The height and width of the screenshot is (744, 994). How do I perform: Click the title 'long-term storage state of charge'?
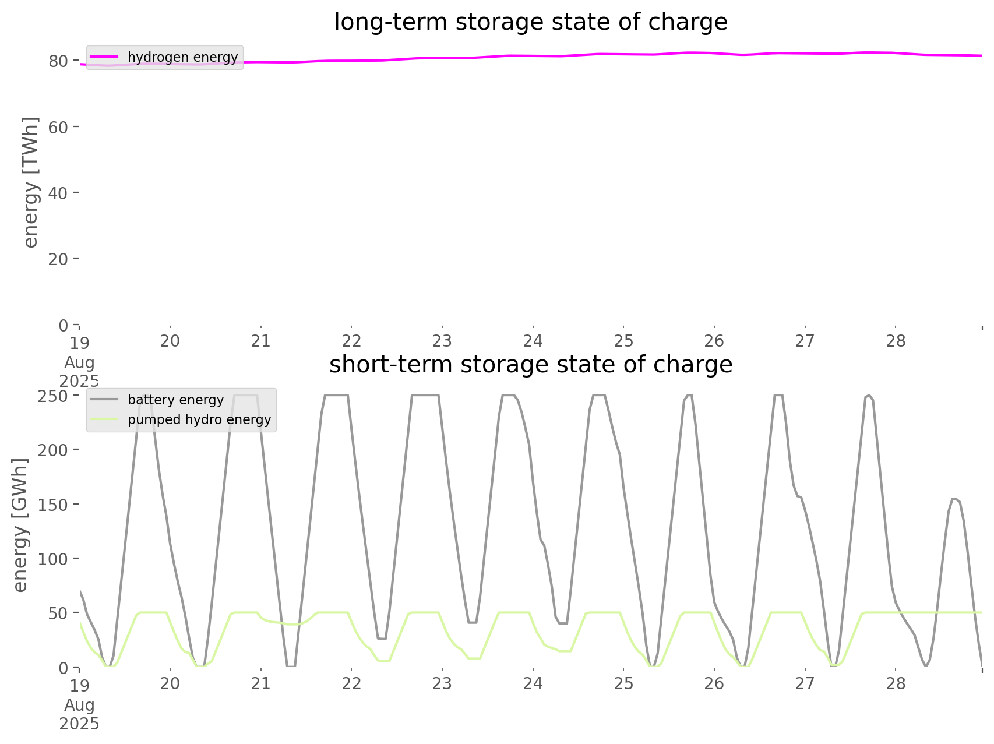pyautogui.click(x=530, y=22)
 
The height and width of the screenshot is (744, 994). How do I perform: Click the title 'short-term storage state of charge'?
pyautogui.click(x=530, y=365)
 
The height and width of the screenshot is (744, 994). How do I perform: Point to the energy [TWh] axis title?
pyautogui.click(x=31, y=182)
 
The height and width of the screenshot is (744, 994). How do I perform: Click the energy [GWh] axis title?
pyautogui.click(x=20, y=525)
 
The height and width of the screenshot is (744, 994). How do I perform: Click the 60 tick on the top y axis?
pyautogui.click(x=58, y=127)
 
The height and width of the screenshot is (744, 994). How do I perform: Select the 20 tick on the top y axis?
pyautogui.click(x=58, y=259)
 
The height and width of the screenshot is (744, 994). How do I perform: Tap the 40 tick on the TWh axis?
pyautogui.click(x=58, y=193)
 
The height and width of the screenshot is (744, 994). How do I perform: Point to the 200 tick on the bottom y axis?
pyautogui.click(x=54, y=450)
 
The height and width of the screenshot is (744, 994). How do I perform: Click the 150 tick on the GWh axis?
pyautogui.click(x=54, y=505)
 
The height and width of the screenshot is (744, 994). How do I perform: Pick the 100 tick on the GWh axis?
pyautogui.click(x=54, y=559)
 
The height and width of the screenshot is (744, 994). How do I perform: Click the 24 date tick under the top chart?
pyautogui.click(x=533, y=341)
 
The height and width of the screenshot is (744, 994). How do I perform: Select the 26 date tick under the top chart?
pyautogui.click(x=714, y=341)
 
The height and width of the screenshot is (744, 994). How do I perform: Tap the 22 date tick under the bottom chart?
pyautogui.click(x=351, y=683)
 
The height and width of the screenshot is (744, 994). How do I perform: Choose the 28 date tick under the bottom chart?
pyautogui.click(x=896, y=683)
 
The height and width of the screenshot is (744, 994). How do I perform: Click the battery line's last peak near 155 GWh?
pyautogui.click(x=955, y=499)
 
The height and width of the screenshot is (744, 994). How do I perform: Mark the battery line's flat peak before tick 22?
pyautogui.click(x=336, y=396)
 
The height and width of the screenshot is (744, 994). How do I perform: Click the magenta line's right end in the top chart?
pyautogui.click(x=981, y=55)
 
